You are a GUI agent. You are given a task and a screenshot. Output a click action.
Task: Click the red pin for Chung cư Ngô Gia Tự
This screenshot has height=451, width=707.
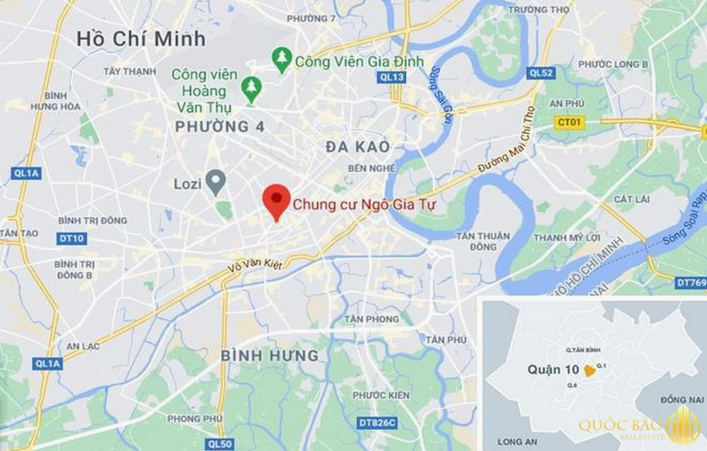click(276, 199)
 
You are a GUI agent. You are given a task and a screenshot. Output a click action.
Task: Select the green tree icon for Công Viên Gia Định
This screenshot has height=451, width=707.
click(281, 59)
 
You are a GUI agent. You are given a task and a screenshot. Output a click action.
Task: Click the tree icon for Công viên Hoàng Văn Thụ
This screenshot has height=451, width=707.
click(250, 88)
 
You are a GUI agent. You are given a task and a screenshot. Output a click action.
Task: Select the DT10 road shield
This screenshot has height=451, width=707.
click(71, 239)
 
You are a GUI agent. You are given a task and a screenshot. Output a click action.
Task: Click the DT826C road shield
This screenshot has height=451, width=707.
click(377, 423)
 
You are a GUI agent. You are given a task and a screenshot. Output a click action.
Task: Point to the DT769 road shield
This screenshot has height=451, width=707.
click(691, 282)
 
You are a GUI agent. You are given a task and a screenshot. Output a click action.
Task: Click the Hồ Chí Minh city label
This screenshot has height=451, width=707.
click(141, 39)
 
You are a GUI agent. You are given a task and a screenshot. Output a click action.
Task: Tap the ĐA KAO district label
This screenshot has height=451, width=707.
click(358, 147)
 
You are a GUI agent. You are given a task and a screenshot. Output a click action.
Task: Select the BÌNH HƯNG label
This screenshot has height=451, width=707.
click(270, 356)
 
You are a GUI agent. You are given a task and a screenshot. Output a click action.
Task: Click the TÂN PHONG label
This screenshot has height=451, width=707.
click(371, 320)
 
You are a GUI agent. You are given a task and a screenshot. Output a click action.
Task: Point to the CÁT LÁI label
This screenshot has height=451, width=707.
click(632, 199)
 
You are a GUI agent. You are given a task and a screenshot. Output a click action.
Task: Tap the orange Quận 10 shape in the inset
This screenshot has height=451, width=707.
click(590, 371)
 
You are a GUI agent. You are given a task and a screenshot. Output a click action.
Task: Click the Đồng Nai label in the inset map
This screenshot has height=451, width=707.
click(674, 400)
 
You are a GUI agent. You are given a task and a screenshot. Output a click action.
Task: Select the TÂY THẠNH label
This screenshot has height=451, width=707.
click(129, 71)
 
